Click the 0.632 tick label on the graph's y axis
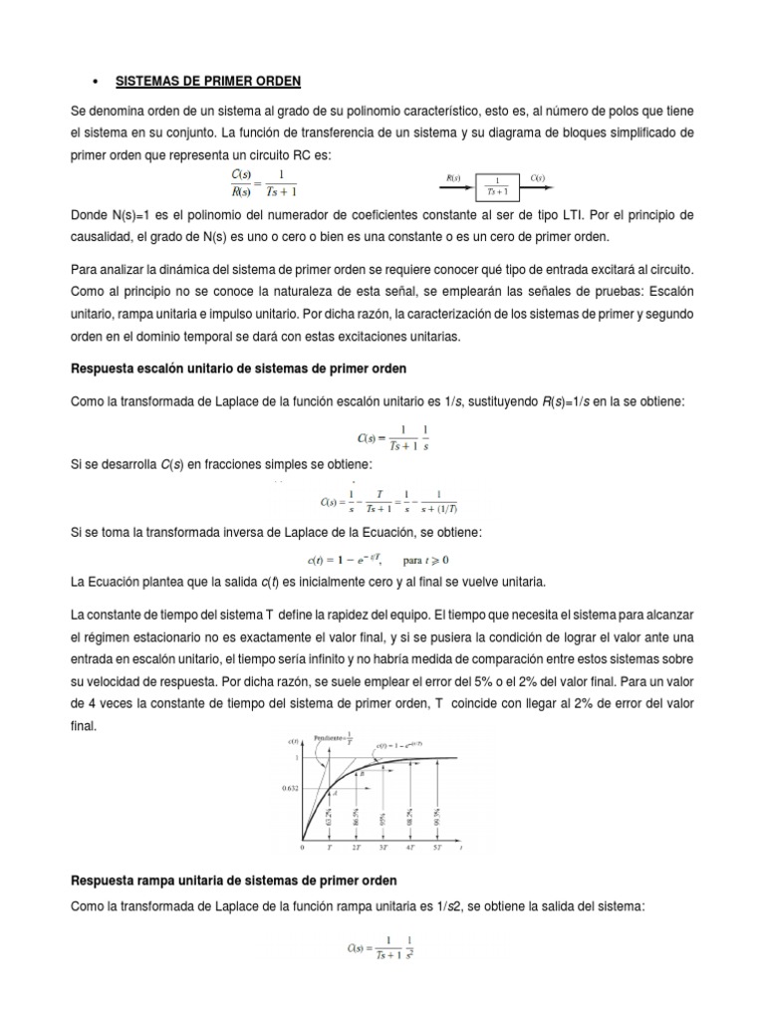pos(289,788)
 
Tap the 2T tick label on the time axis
pos(356,846)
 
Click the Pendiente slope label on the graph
pos(325,739)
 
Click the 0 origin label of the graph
pos(302,846)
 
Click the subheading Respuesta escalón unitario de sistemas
pos(239,370)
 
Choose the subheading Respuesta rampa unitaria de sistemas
pos(233,881)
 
